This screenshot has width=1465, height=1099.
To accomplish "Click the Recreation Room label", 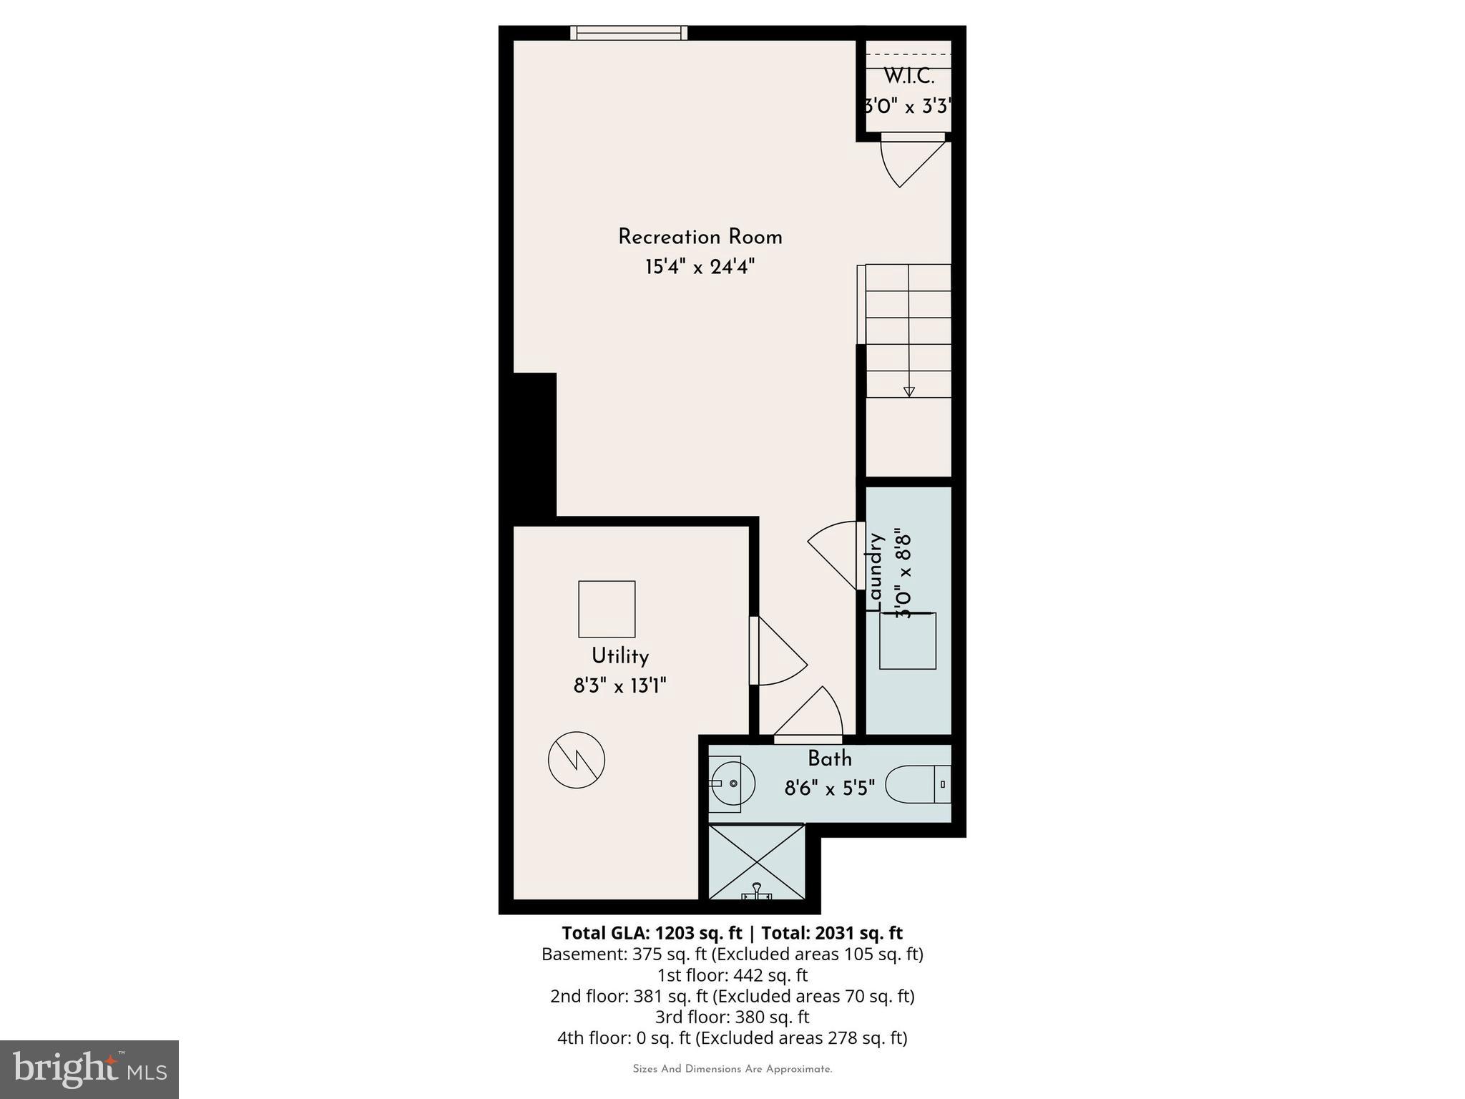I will [x=700, y=237].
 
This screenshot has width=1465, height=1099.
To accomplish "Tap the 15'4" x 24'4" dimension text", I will [x=700, y=268].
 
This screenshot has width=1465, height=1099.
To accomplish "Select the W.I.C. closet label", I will [x=908, y=76].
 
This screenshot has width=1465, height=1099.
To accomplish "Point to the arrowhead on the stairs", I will [x=908, y=391].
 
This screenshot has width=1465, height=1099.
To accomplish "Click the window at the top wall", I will [x=629, y=32].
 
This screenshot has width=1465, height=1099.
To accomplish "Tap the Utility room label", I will [x=619, y=656].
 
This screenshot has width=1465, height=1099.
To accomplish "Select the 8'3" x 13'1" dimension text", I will [x=619, y=687].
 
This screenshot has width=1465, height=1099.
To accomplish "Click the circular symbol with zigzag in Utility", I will [x=577, y=760].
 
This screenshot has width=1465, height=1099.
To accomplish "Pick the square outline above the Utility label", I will [x=607, y=609].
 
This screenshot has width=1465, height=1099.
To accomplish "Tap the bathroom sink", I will [x=732, y=783].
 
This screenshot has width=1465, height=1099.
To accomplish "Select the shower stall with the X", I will [x=756, y=861].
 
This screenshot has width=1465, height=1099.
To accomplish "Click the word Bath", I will [x=830, y=758].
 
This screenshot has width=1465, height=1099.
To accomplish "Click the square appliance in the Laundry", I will [x=907, y=641].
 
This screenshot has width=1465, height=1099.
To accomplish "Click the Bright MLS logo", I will [x=89, y=1069].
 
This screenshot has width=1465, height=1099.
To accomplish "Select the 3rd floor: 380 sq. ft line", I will [x=732, y=1017].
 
